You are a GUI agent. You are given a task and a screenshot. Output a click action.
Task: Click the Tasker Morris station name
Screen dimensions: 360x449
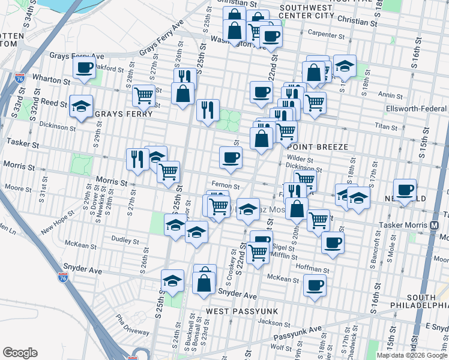tap(403, 226)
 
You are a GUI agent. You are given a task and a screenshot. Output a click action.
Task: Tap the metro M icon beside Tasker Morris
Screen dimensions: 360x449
tap(433, 226)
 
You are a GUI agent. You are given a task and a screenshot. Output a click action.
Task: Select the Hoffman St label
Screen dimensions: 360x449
tap(312, 271)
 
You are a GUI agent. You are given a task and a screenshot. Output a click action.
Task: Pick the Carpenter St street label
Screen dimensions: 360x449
tap(325, 35)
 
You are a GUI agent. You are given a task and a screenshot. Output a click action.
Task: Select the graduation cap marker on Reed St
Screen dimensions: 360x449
tap(81, 107)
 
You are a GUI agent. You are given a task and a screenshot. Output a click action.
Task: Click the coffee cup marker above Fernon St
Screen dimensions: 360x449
tap(231, 158)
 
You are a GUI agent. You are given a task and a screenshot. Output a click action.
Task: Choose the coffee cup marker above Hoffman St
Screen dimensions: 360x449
tap(332, 242)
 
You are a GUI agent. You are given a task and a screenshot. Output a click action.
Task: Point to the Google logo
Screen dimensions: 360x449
tap(20, 353)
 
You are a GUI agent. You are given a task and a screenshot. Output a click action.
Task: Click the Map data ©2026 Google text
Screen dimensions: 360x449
tap(412, 355)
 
